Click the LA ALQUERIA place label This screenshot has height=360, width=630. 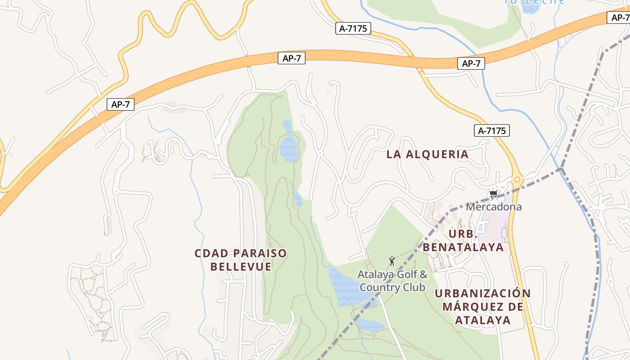pos(427,154)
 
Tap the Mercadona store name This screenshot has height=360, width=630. pos(494,207)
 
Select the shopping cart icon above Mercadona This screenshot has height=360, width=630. pos(493,195)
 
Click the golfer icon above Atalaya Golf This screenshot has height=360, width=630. pos(392,261)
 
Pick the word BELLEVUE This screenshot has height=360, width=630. pos(241,267)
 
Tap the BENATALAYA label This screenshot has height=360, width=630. pos(463,247)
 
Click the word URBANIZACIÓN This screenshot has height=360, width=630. pos(482,293)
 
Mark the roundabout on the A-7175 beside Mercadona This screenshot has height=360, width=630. pos(517,180)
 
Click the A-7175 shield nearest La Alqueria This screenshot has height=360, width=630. pos(491,131)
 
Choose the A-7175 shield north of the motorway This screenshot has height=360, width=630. pos(353,29)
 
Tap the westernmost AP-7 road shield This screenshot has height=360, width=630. pos(121,105)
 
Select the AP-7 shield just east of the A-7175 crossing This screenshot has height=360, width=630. pos(471,63)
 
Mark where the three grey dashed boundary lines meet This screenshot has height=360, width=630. pos(561,168)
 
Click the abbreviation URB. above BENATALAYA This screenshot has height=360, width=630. pos(463,234)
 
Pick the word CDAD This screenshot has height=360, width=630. pos(210,253)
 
